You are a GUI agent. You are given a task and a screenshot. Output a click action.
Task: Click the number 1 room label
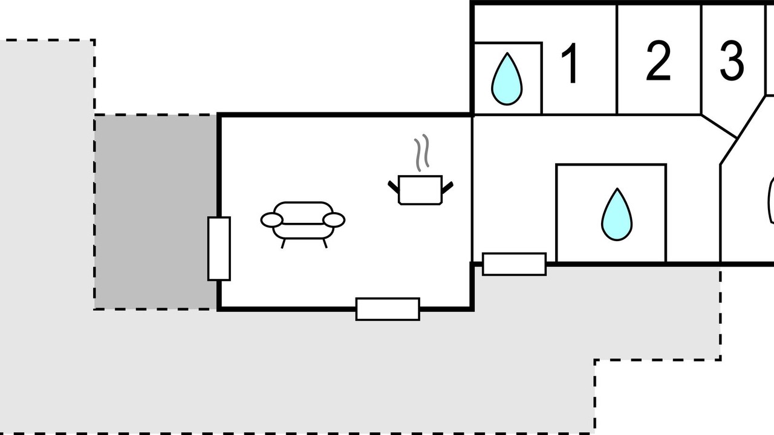[x=570, y=63]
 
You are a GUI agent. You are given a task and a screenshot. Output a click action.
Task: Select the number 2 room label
[x=659, y=61]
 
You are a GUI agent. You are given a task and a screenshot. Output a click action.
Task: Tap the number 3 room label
[x=732, y=61]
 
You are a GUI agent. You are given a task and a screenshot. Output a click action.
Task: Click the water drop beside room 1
[x=507, y=79]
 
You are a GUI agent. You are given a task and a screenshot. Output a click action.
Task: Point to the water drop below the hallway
[x=617, y=214]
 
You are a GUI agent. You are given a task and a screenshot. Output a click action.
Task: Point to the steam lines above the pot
[x=422, y=152]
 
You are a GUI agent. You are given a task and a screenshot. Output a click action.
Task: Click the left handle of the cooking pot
[x=393, y=187]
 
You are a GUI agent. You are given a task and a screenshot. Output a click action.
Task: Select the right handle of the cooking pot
[x=447, y=187]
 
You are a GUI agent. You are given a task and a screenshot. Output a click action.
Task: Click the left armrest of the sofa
[x=272, y=221]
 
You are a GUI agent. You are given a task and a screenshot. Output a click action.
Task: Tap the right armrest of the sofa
[x=334, y=221]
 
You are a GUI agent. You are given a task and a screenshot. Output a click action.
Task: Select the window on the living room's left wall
[x=219, y=248]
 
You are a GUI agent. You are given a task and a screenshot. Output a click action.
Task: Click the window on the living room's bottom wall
[x=388, y=309]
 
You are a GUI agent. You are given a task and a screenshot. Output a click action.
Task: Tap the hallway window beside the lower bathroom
[x=514, y=264]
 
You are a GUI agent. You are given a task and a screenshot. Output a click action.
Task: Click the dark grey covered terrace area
[x=156, y=212]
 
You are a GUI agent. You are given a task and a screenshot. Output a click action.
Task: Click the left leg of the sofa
[x=284, y=243]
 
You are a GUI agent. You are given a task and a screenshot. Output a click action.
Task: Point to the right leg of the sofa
[x=325, y=243]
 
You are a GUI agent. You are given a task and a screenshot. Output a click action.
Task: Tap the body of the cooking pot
[x=420, y=190]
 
